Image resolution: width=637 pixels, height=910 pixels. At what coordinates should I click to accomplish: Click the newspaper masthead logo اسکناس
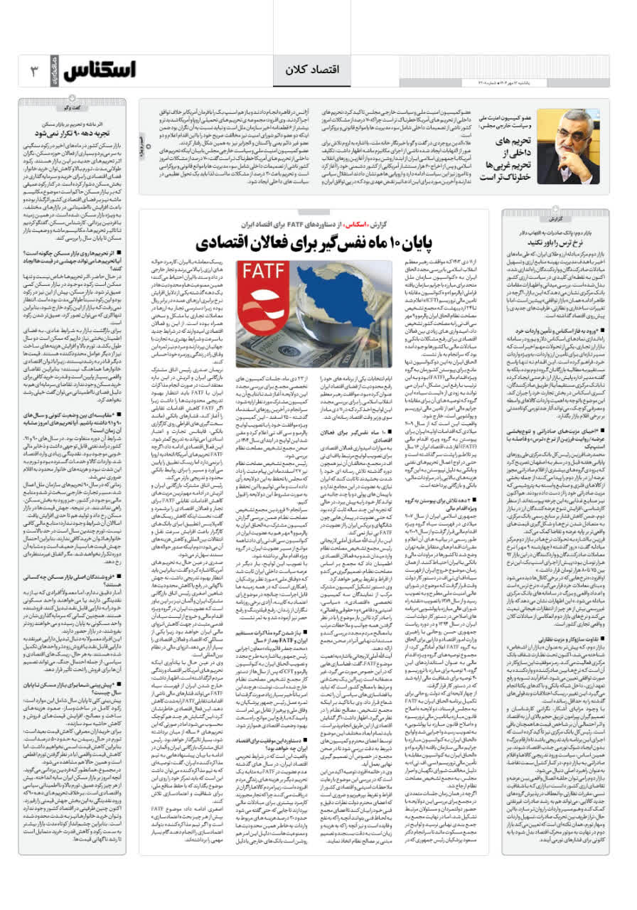pos(100,71)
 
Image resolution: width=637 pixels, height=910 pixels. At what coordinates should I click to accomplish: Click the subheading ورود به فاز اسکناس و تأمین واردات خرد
pos(559,331)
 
